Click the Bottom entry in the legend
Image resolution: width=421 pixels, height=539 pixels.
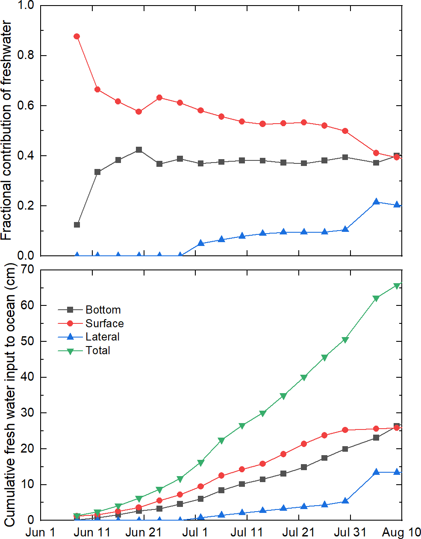pos(103,310)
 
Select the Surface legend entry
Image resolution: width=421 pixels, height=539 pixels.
pos(104,323)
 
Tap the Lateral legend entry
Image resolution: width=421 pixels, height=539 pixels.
pos(102,337)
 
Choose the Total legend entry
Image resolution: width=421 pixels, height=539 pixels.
pos(97,350)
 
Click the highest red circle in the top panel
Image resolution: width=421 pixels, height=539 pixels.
pos(77,36)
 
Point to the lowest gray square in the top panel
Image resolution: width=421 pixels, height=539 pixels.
pos(77,225)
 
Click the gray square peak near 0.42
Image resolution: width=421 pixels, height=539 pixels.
pos(139,150)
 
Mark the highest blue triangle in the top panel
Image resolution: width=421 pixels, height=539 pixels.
pos(376,201)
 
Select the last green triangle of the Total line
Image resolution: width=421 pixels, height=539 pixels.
pos(397,286)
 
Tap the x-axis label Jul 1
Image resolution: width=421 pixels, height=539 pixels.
pos(195,533)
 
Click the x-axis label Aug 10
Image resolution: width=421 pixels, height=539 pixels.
pos(401,533)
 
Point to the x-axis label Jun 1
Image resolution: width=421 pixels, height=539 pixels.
pos(41,533)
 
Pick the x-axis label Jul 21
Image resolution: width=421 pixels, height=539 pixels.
pos(298,533)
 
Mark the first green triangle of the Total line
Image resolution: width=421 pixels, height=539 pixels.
pos(77,516)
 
